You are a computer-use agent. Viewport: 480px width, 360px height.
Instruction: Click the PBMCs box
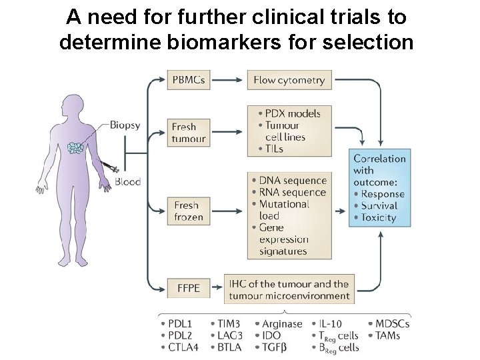[x=188, y=80]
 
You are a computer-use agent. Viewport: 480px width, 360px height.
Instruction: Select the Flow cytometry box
[x=289, y=80]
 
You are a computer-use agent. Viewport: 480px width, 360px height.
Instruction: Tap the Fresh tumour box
[x=188, y=133]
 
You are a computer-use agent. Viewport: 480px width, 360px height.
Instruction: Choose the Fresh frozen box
[x=188, y=211]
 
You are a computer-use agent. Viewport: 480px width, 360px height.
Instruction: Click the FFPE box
[x=188, y=289]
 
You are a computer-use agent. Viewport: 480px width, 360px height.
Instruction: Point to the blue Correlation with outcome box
[x=379, y=188]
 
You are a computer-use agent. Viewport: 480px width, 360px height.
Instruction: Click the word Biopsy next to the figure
[x=125, y=125]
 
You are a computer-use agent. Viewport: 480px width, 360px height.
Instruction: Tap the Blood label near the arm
[x=127, y=181]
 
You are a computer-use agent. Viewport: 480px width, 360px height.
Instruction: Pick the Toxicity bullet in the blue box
[x=378, y=218]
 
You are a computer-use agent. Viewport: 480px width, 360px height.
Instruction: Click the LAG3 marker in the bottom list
[x=229, y=335]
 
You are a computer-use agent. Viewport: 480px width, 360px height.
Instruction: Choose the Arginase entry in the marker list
[x=281, y=324]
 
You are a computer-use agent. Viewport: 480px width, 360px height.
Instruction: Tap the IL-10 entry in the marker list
[x=333, y=324]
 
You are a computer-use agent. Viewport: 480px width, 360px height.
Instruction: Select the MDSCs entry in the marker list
[x=391, y=324]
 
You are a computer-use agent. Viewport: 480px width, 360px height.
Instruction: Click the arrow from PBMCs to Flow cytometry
[x=227, y=80]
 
